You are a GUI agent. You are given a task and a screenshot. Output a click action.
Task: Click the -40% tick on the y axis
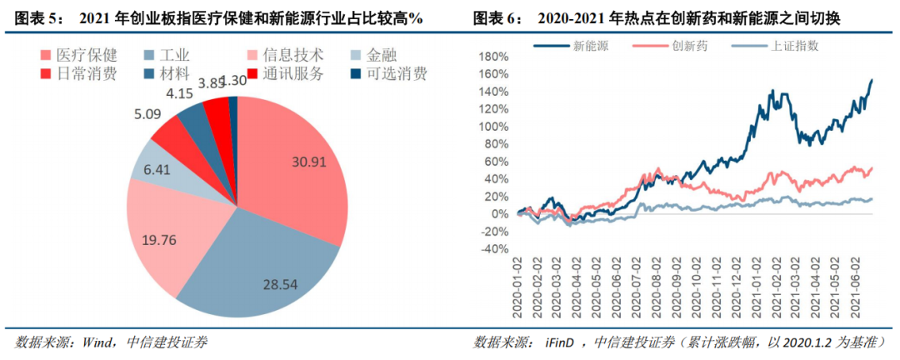click(493, 248)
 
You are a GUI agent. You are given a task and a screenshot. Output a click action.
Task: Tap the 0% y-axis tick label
click(498, 213)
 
